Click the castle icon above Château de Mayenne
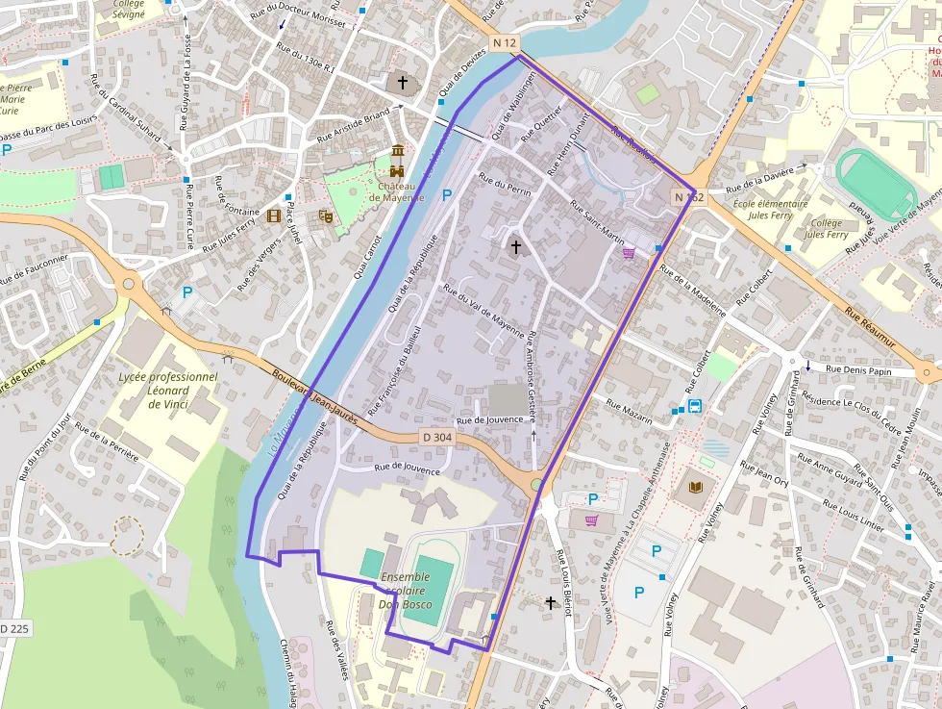398,153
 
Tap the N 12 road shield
505,43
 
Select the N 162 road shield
688,197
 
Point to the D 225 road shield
13,628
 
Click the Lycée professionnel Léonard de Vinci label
168,391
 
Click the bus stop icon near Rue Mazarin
694,406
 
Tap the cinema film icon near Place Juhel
274,216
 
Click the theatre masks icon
326,216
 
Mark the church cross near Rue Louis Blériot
551,603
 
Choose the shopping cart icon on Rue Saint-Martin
629,252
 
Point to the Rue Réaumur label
870,327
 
